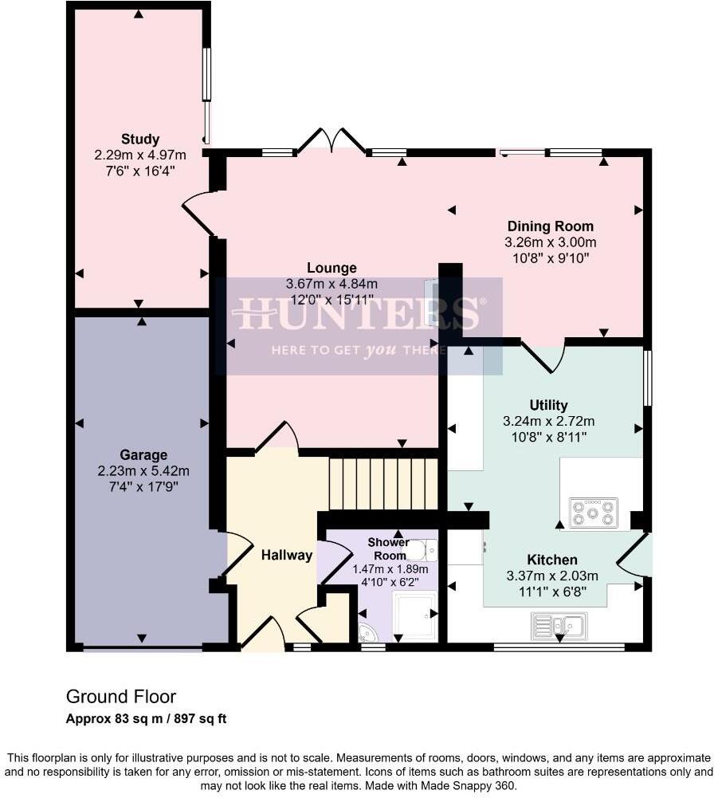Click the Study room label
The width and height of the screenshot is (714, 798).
tap(140, 140)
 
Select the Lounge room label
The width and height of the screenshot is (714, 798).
tap(331, 268)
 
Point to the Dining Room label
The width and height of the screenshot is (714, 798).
tap(551, 226)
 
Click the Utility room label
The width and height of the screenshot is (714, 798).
tap(548, 405)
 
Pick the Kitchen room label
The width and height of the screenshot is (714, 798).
tap(552, 560)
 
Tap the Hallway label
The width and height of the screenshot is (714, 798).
tap(287, 555)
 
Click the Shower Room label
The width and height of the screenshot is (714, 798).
tap(389, 548)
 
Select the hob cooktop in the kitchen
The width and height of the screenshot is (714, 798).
tap(594, 513)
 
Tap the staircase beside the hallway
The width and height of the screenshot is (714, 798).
tap(383, 483)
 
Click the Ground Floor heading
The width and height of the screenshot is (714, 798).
tap(121, 698)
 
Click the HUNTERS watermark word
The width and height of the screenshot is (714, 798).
tap(359, 313)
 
